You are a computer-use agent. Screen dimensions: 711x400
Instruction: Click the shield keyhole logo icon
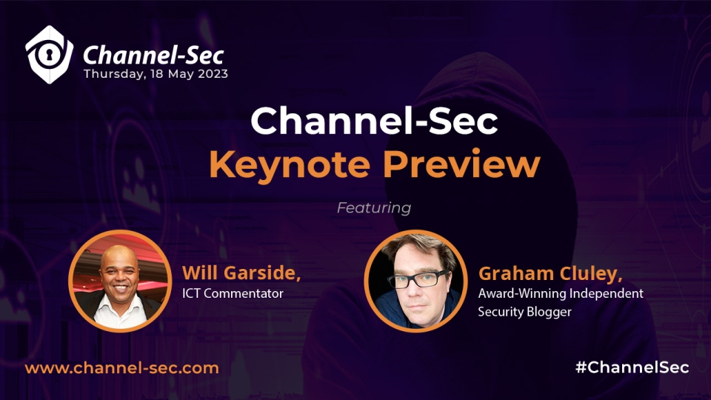49,55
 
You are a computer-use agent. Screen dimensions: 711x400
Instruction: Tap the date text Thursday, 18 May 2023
156,74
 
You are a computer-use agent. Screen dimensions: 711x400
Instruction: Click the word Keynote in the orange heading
290,164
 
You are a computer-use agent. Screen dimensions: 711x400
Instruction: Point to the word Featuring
374,207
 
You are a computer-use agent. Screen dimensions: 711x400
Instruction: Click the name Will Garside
241,273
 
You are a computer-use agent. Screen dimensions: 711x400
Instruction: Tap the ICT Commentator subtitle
233,293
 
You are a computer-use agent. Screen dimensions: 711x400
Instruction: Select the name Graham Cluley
550,273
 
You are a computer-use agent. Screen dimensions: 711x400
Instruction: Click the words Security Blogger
524,312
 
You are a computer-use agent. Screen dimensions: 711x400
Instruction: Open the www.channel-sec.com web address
122,368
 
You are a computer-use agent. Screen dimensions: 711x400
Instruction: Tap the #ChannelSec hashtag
632,367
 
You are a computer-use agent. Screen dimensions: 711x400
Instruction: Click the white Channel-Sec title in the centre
374,120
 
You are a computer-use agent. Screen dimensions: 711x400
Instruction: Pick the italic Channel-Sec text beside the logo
153,56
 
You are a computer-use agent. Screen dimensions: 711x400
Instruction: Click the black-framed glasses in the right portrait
418,279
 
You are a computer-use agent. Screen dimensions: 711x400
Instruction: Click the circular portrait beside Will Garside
120,281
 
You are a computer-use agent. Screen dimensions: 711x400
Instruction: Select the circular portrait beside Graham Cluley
415,281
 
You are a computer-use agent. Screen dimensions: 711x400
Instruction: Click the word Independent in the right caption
607,293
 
